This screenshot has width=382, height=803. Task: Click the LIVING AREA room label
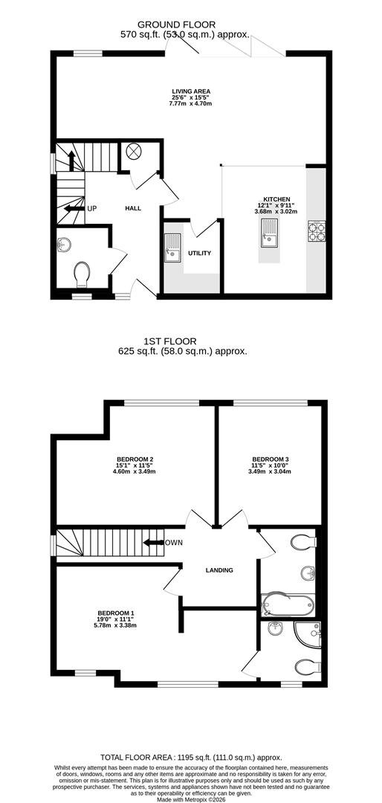coord(191,91)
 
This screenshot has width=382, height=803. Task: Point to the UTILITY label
coord(200,253)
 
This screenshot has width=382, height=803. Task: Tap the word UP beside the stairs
coord(91,208)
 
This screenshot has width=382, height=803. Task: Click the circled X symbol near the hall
coord(133,151)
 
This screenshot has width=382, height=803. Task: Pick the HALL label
coord(133,208)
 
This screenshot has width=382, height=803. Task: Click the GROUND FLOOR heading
coord(177,24)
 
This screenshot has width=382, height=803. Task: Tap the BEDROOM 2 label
coord(136,459)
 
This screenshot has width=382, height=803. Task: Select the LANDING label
coord(219,570)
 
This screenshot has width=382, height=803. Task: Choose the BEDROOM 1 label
coord(116,613)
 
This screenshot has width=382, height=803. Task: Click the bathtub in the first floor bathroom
coord(287,605)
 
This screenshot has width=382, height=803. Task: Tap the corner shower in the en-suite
coord(308,634)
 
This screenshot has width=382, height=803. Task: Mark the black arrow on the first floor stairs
coord(153,542)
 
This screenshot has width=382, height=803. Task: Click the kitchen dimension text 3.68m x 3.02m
coord(276,211)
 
